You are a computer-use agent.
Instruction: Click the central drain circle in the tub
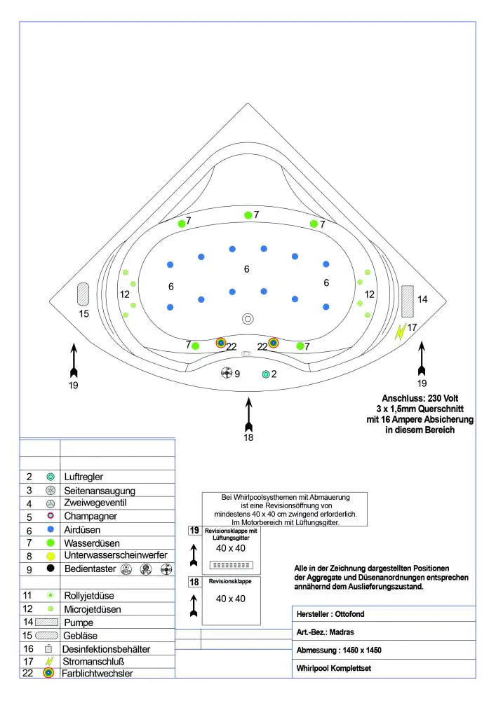[248, 318]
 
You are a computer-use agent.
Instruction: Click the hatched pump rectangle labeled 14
[410, 299]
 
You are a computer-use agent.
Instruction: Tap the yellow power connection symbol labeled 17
[400, 331]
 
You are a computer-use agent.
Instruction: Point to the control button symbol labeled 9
[226, 373]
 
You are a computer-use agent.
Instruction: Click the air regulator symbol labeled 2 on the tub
[265, 374]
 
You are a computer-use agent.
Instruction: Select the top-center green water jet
[247, 215]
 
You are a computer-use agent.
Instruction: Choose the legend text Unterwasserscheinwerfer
[115, 555]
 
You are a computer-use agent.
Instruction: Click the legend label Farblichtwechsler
[98, 674]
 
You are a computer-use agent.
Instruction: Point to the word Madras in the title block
[342, 632]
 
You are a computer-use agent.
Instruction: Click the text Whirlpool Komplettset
[333, 669]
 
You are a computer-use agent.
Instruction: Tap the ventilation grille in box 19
[231, 564]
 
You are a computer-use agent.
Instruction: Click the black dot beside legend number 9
[51, 569]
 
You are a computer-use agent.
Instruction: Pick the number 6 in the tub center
[246, 269]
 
